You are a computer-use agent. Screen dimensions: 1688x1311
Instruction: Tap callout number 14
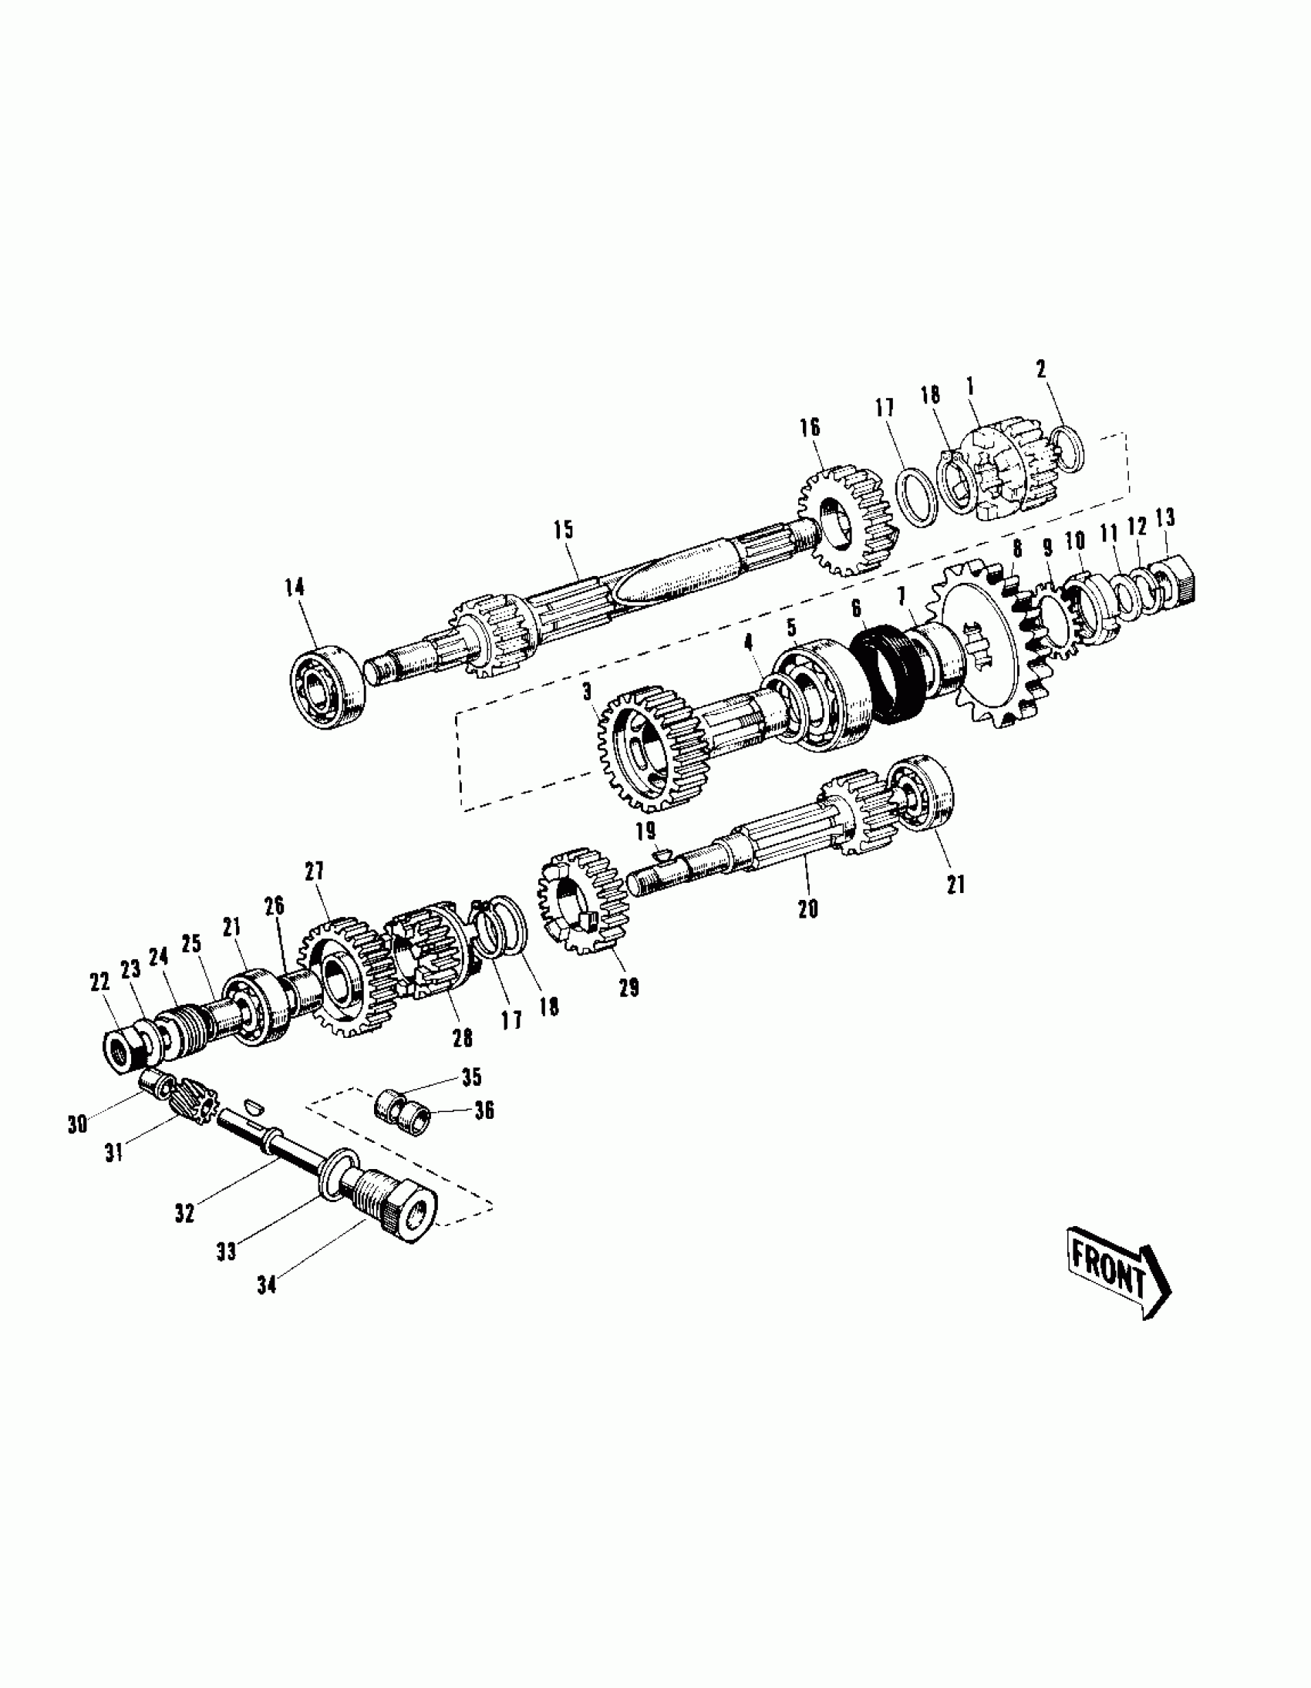294,588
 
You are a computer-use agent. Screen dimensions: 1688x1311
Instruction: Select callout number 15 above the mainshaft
564,531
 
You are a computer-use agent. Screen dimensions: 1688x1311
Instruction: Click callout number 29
629,987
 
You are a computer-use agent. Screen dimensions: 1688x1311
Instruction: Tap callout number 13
1164,518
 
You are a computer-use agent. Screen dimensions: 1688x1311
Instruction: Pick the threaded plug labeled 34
394,1211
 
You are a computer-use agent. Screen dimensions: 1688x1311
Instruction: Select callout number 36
484,1110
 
